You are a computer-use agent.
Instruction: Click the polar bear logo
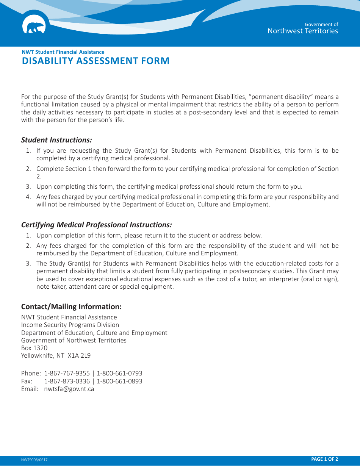[34, 27]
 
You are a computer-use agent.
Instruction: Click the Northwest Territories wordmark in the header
[302, 31]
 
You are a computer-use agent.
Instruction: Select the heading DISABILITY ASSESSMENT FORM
[95, 61]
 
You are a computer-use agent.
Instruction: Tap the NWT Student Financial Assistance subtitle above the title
[63, 52]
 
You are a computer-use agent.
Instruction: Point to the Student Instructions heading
[56, 140]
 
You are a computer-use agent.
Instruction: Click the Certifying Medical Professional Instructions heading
[96, 225]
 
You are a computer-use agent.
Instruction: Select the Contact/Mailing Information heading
[71, 306]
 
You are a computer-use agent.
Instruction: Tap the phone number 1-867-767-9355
[67, 373]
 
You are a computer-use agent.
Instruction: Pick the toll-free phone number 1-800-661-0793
[119, 373]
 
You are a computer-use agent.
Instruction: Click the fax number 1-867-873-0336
[67, 381]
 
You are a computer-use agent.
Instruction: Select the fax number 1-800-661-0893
[119, 381]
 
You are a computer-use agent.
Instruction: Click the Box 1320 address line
[34, 348]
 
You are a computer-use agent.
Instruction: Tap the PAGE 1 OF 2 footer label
[324, 459]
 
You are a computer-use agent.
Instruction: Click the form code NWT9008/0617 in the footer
[34, 460]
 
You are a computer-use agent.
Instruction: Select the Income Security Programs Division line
[70, 325]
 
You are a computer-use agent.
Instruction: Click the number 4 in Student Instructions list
[28, 197]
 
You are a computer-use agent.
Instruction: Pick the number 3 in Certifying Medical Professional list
[28, 263]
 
